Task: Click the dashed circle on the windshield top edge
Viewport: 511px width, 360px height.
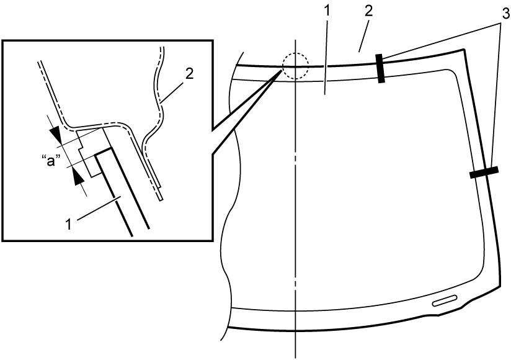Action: coord(295,53)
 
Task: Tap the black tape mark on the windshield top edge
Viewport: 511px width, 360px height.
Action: coord(381,68)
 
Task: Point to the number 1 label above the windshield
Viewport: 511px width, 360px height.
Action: coord(327,11)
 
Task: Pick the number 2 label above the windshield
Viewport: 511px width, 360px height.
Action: coord(368,11)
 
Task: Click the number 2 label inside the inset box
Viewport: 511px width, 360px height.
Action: coord(189,74)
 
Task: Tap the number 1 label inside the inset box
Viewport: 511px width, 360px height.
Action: coord(68,225)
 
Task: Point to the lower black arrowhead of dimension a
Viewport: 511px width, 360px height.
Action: coord(78,178)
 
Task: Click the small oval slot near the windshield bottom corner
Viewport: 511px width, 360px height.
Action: coord(444,300)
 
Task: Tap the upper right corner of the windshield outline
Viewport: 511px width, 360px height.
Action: coord(463,50)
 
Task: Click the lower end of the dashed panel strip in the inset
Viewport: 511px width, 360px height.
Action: coord(161,200)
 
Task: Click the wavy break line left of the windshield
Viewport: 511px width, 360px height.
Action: coord(231,196)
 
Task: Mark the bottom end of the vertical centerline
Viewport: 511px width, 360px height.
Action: coord(296,358)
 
